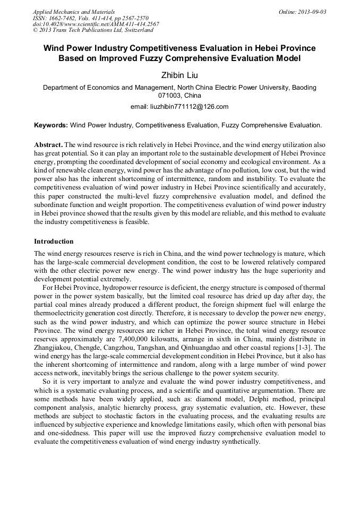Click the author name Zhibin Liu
pos(179,75)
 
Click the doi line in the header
pos(96,24)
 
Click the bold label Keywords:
pos(51,125)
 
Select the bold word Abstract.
pos(48,145)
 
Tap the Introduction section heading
pos(54,241)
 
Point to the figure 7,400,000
pos(131,337)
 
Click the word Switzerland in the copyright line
pos(136,30)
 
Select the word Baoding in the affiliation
pos(304,87)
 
